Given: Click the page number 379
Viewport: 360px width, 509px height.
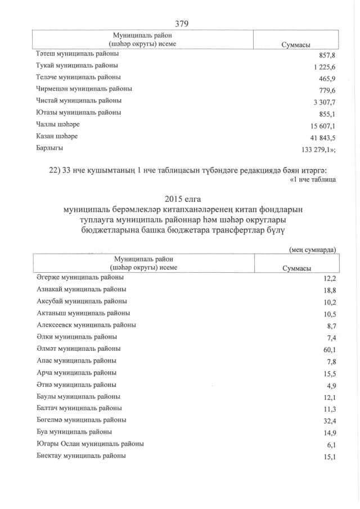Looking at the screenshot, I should (181, 23).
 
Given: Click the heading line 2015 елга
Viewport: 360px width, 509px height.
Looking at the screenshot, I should (180, 199).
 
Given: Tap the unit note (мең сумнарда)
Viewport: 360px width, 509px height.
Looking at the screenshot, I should (313, 249).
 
